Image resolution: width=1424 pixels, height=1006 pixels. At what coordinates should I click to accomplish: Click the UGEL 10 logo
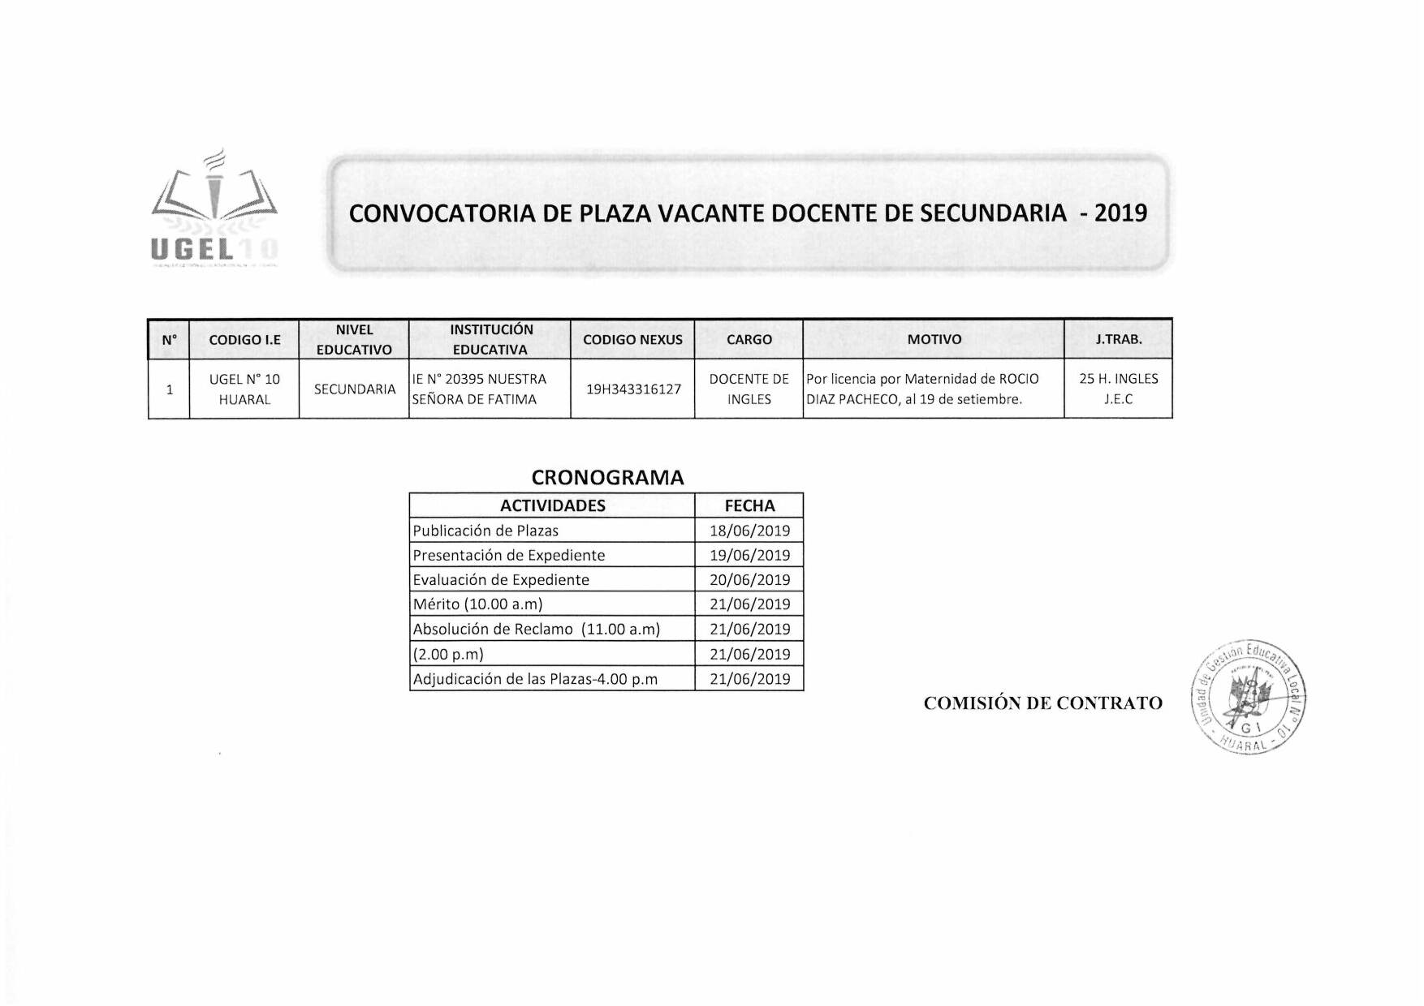(x=214, y=210)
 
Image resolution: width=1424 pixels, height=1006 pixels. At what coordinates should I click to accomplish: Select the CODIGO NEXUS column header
(x=632, y=340)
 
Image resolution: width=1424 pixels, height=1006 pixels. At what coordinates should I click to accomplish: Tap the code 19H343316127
(x=633, y=389)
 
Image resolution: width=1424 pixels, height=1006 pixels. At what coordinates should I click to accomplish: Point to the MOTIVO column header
(x=934, y=340)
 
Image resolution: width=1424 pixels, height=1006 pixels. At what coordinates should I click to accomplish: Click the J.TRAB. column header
(x=1118, y=340)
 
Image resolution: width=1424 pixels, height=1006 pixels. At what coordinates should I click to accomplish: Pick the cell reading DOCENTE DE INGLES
(x=749, y=389)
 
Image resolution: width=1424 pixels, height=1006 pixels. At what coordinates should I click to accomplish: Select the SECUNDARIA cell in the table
(x=354, y=389)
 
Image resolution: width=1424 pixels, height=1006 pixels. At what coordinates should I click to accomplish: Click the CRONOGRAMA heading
(x=607, y=478)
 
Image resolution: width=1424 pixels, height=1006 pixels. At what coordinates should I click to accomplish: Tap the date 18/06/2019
(x=749, y=531)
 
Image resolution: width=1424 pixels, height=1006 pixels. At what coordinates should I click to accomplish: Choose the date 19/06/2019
(x=749, y=556)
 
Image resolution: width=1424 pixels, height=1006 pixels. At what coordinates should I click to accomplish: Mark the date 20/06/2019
(x=749, y=580)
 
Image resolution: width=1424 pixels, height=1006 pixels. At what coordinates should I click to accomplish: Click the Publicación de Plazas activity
(x=485, y=531)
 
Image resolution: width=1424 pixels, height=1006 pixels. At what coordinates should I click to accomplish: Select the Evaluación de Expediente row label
(x=501, y=580)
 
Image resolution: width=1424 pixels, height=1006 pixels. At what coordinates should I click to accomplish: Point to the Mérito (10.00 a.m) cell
(x=477, y=604)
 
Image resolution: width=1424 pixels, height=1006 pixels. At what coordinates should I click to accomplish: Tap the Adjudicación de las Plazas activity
(x=535, y=679)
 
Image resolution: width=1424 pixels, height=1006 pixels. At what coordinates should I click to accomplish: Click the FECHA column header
(x=749, y=506)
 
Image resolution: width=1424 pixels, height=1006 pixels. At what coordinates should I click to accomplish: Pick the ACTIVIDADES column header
(x=552, y=506)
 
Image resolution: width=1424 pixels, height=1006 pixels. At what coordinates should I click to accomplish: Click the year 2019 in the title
(x=1120, y=213)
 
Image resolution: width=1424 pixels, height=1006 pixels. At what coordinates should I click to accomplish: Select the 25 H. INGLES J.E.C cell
(x=1118, y=389)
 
